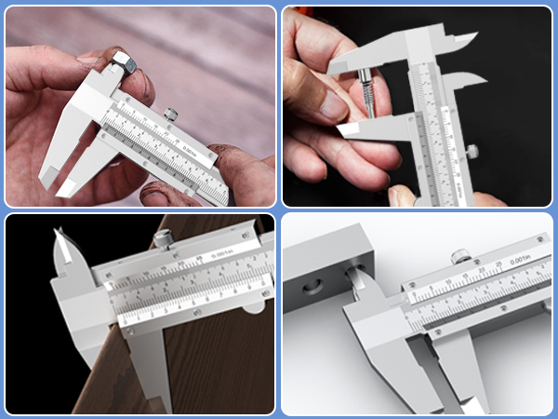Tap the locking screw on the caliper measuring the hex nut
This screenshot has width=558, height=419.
(172, 115)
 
